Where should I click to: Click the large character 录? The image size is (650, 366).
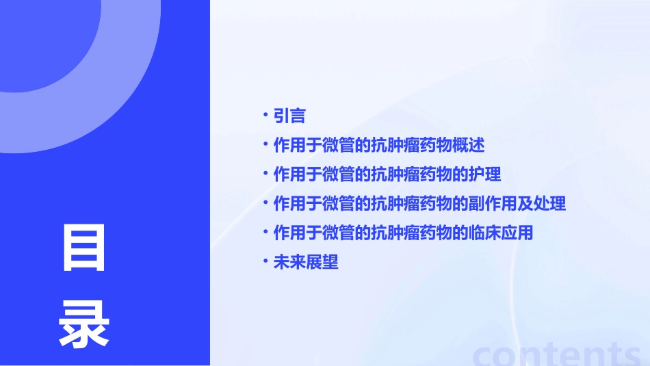tap(84, 324)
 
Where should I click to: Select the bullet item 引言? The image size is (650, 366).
tap(289, 116)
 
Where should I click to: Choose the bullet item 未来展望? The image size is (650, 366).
tap(306, 262)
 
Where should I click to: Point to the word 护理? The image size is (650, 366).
tap(484, 174)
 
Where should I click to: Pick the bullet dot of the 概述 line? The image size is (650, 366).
tap(265, 145)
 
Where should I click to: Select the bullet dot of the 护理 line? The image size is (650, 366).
tap(265, 174)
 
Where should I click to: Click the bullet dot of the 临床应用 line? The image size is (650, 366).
tap(265, 232)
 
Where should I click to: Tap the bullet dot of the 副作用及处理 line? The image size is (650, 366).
tap(265, 203)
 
